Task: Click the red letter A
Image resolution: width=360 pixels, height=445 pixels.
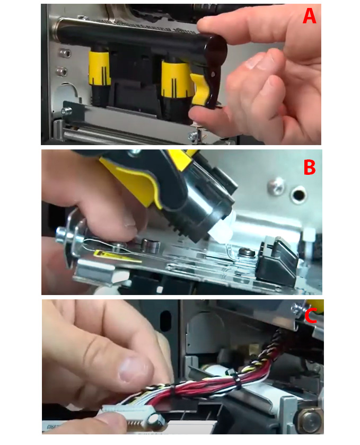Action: tap(310, 16)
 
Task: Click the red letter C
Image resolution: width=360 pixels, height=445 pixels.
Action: tap(311, 316)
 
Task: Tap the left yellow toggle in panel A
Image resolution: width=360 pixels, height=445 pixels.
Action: tap(100, 68)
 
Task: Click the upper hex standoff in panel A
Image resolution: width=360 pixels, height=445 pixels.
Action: tap(65, 53)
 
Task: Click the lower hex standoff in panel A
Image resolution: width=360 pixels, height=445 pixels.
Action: tap(63, 71)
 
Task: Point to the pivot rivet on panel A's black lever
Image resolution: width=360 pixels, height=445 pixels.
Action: tap(213, 74)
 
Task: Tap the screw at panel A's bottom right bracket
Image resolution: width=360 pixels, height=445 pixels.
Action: tap(192, 137)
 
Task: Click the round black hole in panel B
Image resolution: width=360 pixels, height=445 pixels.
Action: tap(298, 194)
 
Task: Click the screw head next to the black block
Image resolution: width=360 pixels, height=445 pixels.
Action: tap(245, 251)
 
